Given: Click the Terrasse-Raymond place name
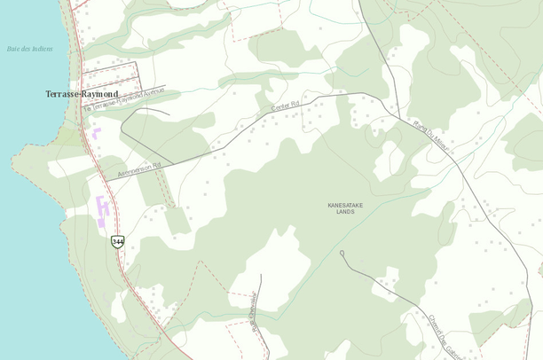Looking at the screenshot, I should pos(82,93).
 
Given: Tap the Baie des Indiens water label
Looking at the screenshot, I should pos(29,49).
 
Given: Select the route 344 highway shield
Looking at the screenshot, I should pos(117,241).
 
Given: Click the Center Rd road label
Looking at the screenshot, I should pos(287,108).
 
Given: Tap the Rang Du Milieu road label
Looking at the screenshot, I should pos(432,137).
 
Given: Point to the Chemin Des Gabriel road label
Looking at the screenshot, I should pos(441,335).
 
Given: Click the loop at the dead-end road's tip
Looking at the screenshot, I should pos(342,254).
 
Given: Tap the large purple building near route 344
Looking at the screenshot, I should pos(102,209).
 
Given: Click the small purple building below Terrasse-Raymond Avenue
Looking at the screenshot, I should pos(96,134).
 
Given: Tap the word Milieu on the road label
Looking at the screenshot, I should pos(441,146).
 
